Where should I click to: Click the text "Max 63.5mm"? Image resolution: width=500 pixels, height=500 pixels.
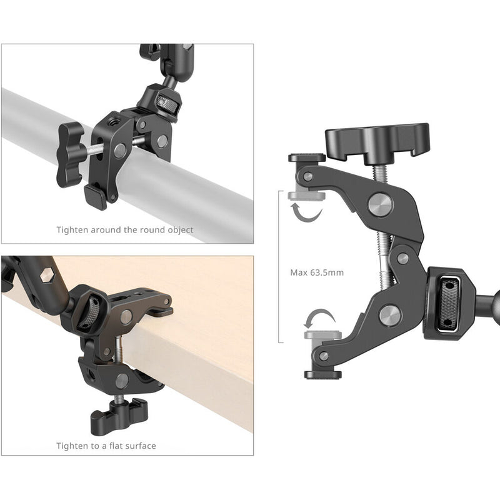pos(317,272)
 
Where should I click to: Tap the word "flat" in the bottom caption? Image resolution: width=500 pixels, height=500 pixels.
pos(116,446)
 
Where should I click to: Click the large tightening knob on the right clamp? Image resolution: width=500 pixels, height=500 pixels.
pos(377,142)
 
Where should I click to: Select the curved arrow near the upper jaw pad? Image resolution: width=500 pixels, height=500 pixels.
pos(306,213)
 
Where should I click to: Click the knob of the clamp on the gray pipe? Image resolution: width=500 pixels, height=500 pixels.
pos(69,154)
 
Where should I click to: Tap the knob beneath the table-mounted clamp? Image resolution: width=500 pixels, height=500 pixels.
pos(119,415)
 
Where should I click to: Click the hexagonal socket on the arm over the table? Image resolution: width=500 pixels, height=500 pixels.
pos(47,274)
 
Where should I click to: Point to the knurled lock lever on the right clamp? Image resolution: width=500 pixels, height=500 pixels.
pos(449,302)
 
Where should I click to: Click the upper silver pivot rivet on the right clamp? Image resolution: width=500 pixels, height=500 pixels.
pos(380,205)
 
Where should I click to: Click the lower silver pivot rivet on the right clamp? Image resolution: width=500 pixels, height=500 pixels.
pos(390,316)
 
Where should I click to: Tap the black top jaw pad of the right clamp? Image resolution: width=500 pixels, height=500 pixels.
pos(307,157)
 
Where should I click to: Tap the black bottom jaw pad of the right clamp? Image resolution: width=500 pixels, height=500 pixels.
pos(322,374)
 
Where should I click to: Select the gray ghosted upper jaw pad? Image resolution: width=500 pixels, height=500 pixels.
pos(306,196)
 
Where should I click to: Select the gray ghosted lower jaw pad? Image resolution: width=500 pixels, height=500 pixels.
pos(322,335)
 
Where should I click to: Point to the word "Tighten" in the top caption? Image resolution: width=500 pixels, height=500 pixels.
pos(72,230)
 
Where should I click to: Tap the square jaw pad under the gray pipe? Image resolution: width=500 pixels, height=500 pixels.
pos(96,196)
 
